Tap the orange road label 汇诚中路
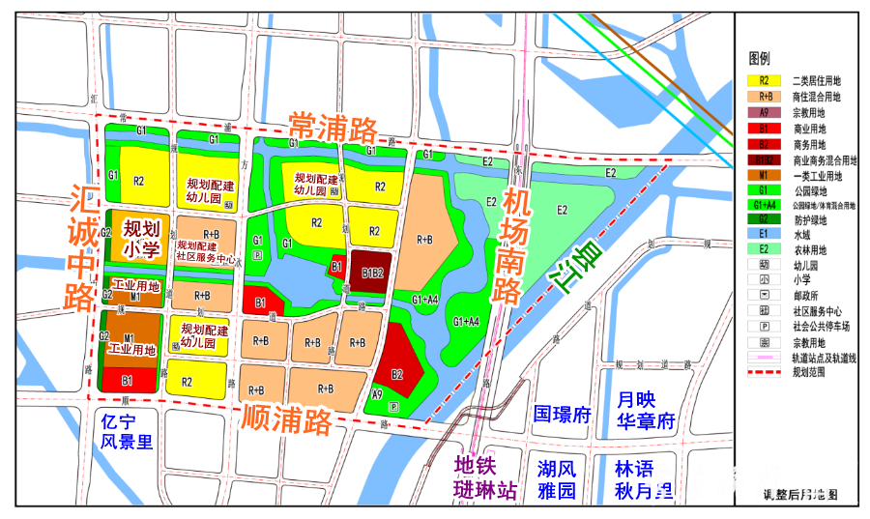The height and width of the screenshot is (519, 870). click(82, 247)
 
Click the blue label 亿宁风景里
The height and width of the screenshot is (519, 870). click(128, 432)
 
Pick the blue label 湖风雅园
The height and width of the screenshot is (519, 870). click(558, 479)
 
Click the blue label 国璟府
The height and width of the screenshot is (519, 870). click(562, 415)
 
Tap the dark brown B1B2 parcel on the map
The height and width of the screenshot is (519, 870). click(373, 272)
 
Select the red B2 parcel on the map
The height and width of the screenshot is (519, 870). click(397, 372)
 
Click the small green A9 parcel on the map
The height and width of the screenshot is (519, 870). click(377, 394)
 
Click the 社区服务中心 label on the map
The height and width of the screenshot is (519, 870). click(206, 258)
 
